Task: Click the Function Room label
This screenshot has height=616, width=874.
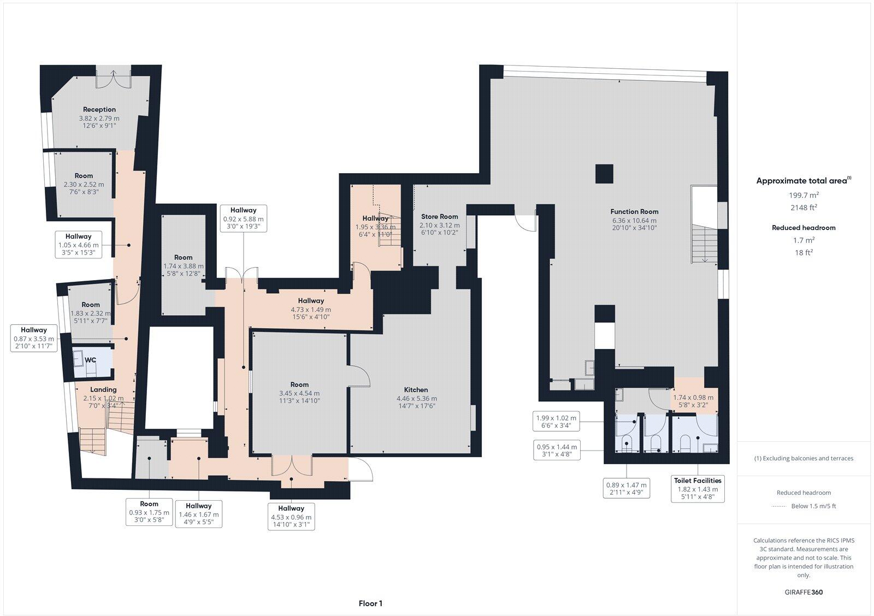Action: coord(634,211)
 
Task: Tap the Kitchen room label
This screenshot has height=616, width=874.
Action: coord(416,389)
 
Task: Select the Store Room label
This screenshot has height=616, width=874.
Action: coord(439,216)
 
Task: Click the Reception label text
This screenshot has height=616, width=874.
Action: coord(99,109)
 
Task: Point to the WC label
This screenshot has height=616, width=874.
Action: coord(90,360)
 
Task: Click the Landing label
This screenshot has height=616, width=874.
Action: coord(103,389)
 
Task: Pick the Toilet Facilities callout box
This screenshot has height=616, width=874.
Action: coord(698,489)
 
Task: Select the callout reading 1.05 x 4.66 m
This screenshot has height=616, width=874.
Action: coord(79,245)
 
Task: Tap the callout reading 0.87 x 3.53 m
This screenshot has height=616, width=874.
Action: coord(34,338)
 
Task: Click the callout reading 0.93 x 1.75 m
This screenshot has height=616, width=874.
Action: coord(149,513)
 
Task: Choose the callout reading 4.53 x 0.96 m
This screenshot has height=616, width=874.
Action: coord(291,517)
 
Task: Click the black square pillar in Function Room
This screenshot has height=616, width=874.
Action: coord(604,174)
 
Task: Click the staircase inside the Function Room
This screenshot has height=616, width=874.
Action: coord(704,244)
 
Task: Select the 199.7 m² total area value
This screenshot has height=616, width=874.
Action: coord(803,195)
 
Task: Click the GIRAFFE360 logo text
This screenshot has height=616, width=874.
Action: coord(803,592)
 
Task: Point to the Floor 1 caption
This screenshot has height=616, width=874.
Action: coord(370,603)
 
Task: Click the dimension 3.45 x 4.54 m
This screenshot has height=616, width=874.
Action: coord(299,393)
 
